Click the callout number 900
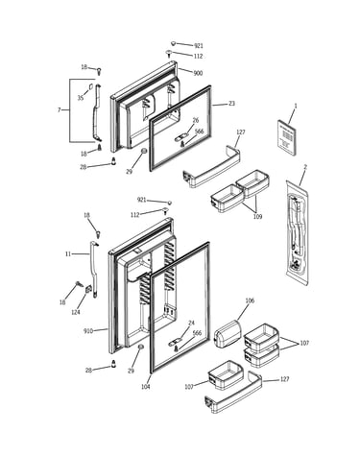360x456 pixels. pos(198,73)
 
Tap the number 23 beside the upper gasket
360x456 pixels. pos(231,104)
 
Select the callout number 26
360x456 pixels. pos(196,120)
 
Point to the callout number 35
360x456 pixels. pos(81,98)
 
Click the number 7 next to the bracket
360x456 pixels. pos(59,110)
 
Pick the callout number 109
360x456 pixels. pos(257,217)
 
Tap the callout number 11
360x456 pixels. pos(68,254)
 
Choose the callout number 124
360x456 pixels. pos(76,312)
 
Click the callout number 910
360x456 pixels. pos(88,331)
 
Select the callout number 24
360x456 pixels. pos(191,324)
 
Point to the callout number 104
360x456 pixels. pos(146,387)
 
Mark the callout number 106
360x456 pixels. pos(250,300)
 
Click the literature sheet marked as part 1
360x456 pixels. pos(286,138)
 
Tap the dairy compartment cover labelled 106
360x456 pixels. pos(228,335)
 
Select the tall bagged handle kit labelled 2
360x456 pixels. pos(297,232)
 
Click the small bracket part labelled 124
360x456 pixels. pos(88,289)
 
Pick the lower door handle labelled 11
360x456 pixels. pos(94,270)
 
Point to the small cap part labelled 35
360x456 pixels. pos(90,86)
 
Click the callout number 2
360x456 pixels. pos(305,167)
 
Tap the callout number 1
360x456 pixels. pos(296,106)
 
